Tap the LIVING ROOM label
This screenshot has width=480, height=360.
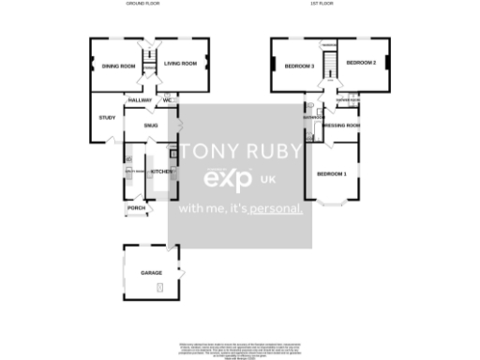(x=180, y=64)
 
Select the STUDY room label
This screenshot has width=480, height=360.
(x=107, y=117)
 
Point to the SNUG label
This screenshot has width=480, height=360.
(x=151, y=124)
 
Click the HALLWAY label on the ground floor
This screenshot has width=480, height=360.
(x=140, y=100)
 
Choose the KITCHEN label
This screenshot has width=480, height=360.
(x=161, y=172)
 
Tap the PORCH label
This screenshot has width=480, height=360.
(x=136, y=207)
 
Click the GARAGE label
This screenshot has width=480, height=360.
(x=151, y=273)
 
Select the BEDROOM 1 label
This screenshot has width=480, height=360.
(x=331, y=174)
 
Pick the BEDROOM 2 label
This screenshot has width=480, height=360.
(x=360, y=63)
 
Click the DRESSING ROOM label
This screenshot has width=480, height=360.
(x=340, y=125)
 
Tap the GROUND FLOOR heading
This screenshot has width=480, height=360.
(x=142, y=4)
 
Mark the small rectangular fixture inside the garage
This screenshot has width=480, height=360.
(x=159, y=286)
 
